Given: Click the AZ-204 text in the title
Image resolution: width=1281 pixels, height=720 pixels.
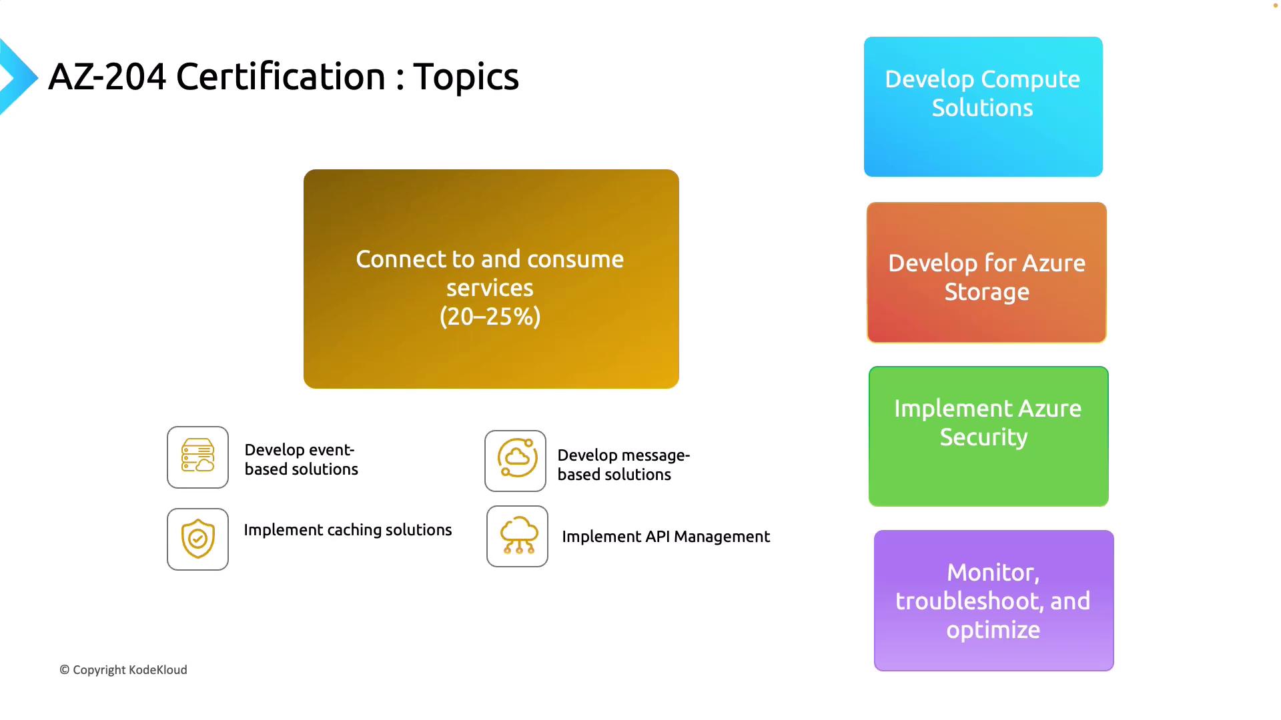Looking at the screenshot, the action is pyautogui.click(x=107, y=77).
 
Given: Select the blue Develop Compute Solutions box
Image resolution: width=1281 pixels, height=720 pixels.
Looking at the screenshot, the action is pyautogui.click(x=983, y=107).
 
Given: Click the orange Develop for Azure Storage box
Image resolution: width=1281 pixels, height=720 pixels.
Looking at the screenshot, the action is pyautogui.click(x=987, y=273).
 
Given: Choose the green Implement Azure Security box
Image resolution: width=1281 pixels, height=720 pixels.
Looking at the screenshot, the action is pyautogui.click(x=989, y=437).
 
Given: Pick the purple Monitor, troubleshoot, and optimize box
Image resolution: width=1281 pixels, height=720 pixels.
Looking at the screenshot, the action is pyautogui.click(x=994, y=601).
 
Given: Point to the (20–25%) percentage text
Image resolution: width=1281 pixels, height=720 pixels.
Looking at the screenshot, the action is pyautogui.click(x=490, y=317).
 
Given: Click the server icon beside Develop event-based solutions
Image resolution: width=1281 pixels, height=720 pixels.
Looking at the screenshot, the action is pyautogui.click(x=197, y=457).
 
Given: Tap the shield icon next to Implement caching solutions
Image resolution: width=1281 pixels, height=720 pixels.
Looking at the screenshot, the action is pyautogui.click(x=197, y=539).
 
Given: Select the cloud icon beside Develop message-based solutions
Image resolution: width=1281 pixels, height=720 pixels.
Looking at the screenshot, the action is pyautogui.click(x=515, y=461).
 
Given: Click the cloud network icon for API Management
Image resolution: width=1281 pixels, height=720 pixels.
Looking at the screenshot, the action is pyautogui.click(x=517, y=536).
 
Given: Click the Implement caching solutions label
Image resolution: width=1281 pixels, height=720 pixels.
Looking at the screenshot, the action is pyautogui.click(x=348, y=530).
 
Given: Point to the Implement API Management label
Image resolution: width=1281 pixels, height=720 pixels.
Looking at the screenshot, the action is pyautogui.click(x=666, y=537).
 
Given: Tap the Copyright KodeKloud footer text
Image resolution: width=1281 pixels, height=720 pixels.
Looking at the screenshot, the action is pyautogui.click(x=123, y=670).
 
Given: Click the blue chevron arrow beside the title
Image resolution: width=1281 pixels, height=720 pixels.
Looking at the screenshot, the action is pyautogui.click(x=19, y=77).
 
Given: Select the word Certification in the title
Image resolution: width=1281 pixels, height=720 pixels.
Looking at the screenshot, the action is pyautogui.click(x=281, y=77).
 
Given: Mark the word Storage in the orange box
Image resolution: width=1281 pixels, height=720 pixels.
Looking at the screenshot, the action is pyautogui.click(x=987, y=293).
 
